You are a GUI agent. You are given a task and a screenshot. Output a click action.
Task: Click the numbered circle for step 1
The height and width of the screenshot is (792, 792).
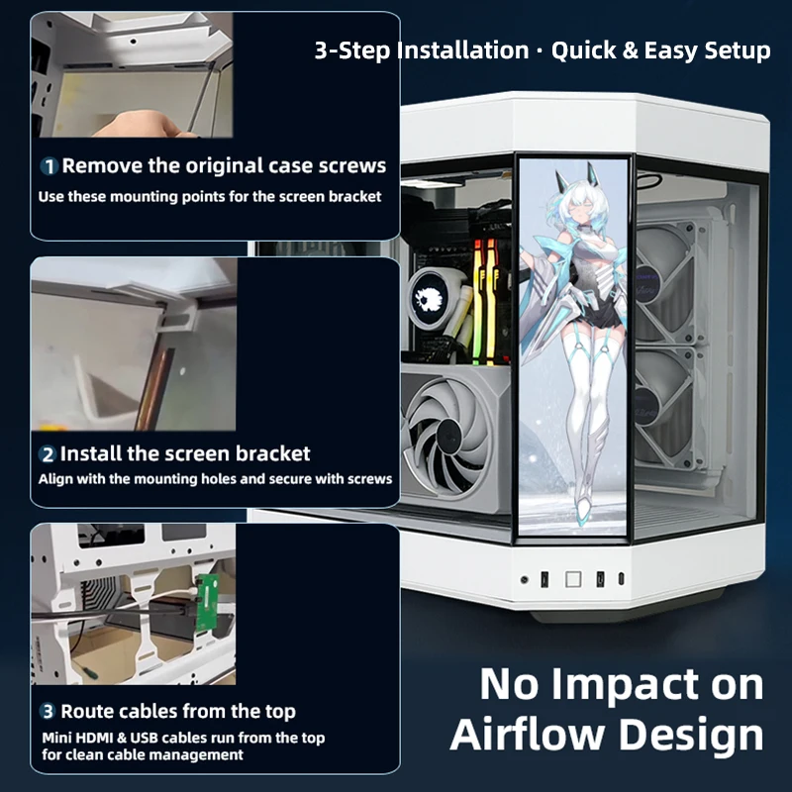(x=49, y=166)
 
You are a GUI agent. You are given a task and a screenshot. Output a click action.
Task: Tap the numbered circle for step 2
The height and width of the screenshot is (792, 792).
(x=47, y=454)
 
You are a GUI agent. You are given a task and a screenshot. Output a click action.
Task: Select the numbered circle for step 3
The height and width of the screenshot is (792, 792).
(x=48, y=712)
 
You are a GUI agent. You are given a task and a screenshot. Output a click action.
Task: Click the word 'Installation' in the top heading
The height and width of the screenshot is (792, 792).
(x=462, y=50)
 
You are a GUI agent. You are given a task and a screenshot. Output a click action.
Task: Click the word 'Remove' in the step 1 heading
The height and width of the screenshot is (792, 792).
(x=102, y=165)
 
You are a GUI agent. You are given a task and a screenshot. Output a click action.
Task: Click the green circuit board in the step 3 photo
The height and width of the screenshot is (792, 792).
(x=207, y=603)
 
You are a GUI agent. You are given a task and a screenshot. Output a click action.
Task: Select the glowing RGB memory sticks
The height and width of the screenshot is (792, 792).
(x=486, y=302)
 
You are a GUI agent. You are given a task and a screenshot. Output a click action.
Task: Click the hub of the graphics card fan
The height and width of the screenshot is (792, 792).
(x=447, y=436)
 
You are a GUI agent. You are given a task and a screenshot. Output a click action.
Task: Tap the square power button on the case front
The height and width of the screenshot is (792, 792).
(x=573, y=579)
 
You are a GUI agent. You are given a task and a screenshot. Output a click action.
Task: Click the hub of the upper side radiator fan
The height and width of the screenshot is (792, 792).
(x=647, y=286)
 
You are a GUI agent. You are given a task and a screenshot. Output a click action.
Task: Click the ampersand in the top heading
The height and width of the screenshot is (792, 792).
(x=631, y=50)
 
